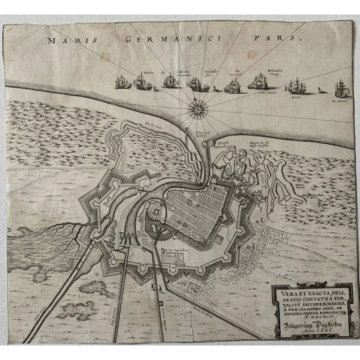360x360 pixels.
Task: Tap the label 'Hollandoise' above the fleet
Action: (x=274, y=70)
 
